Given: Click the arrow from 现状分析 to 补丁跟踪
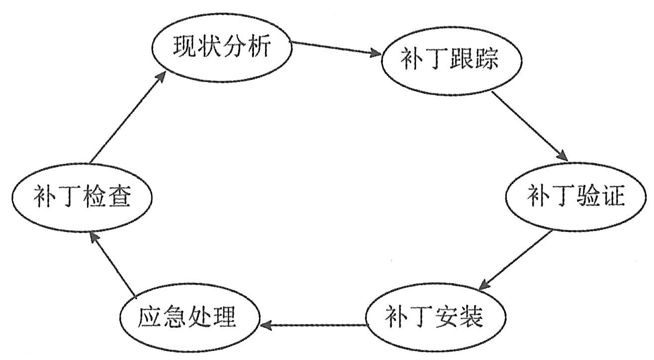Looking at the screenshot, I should (336, 48).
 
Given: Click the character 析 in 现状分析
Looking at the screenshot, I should (259, 47).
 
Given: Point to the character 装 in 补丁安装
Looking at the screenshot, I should (471, 318).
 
